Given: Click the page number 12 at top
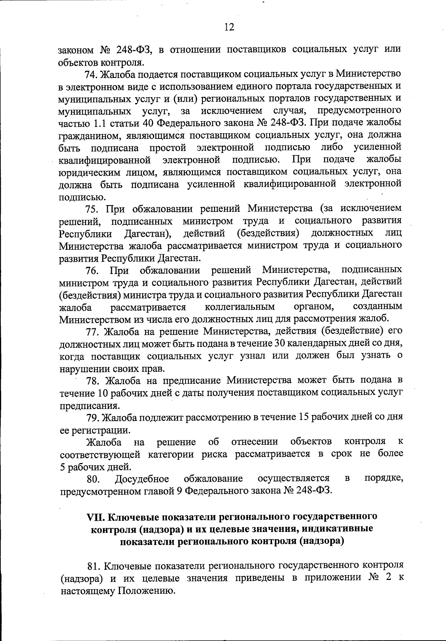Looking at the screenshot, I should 229,27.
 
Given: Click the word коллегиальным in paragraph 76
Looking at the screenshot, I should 240,307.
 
